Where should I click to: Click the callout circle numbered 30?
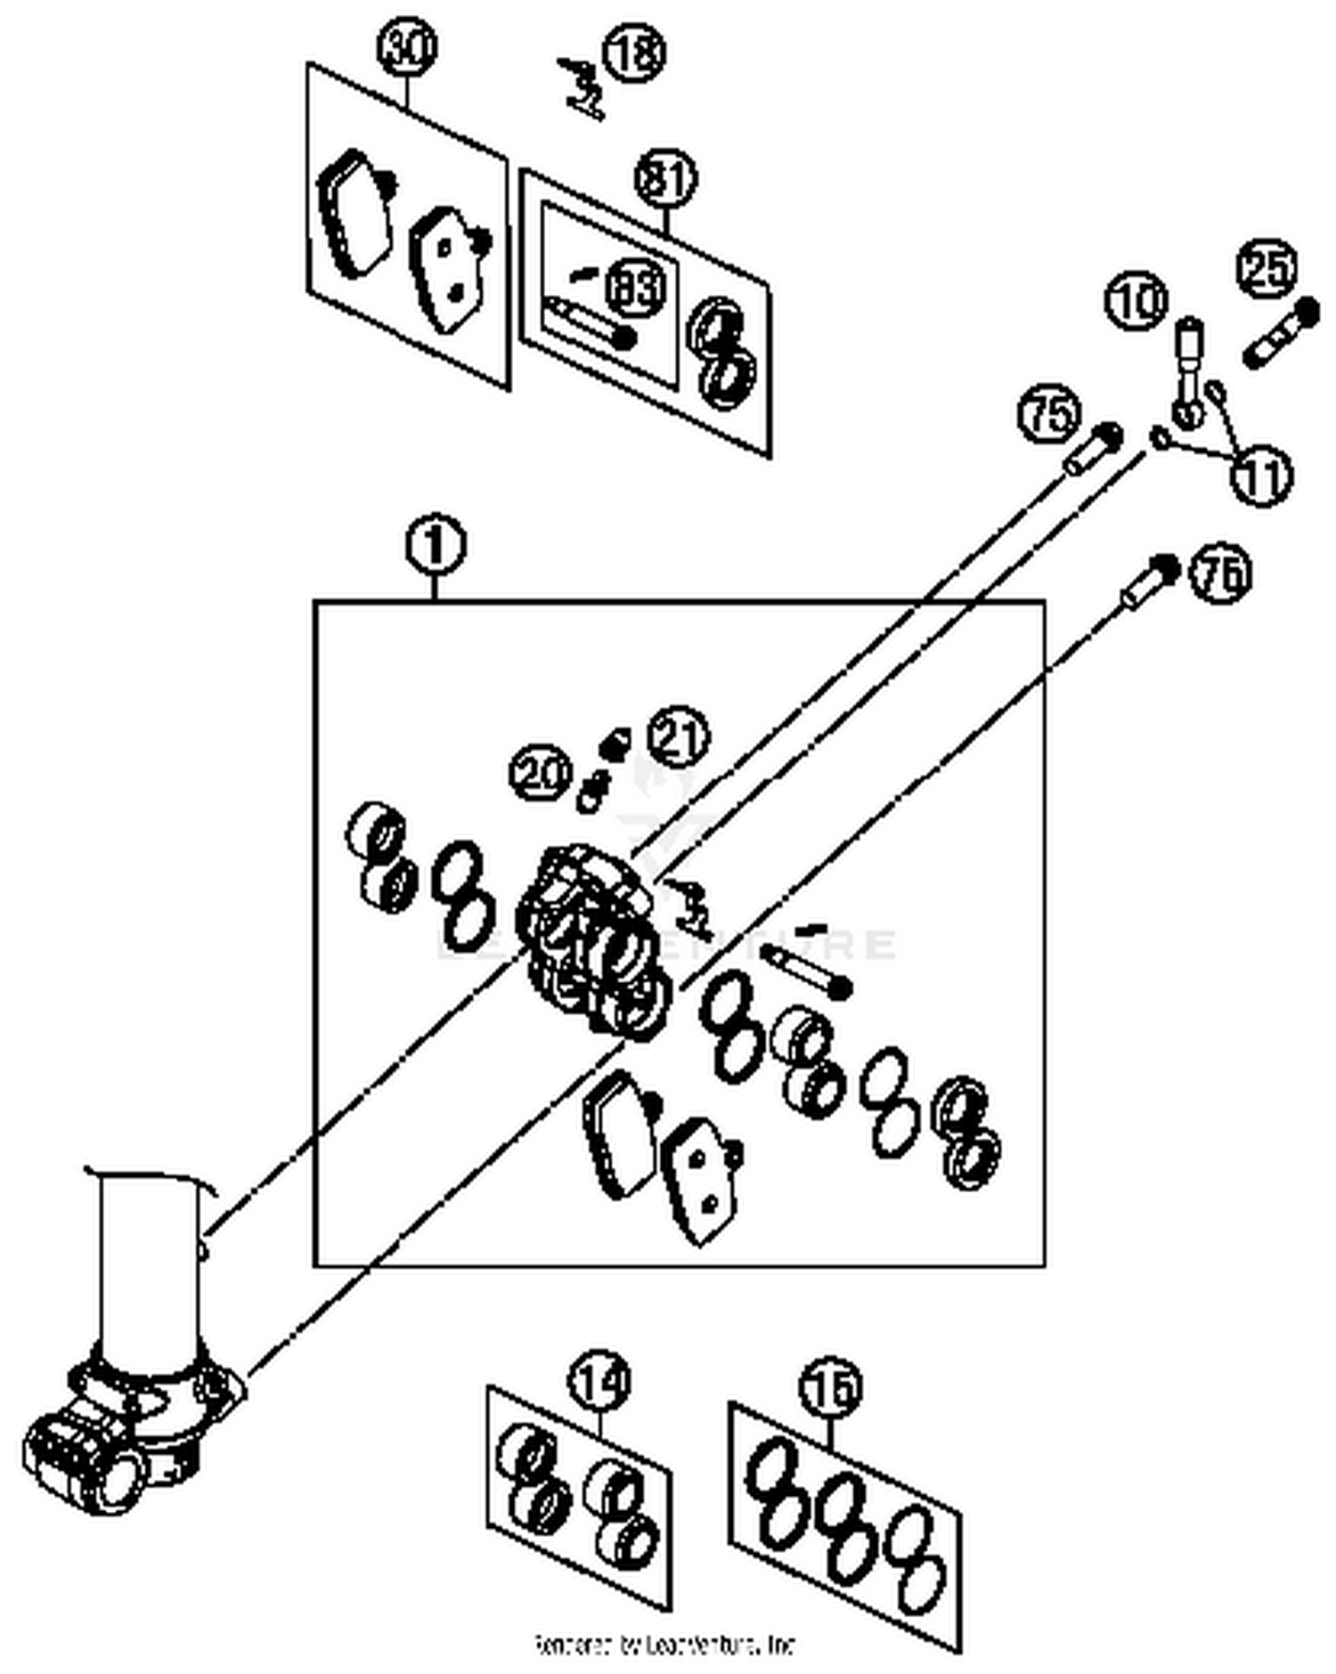tap(407, 50)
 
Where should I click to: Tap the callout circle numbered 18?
tap(634, 52)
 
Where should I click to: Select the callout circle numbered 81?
tap(666, 180)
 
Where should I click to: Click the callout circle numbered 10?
tap(1136, 300)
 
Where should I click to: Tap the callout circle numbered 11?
tap(1262, 476)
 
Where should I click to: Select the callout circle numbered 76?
tap(1222, 574)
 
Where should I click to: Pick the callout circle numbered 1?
tap(436, 546)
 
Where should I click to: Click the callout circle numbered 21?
tap(679, 737)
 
